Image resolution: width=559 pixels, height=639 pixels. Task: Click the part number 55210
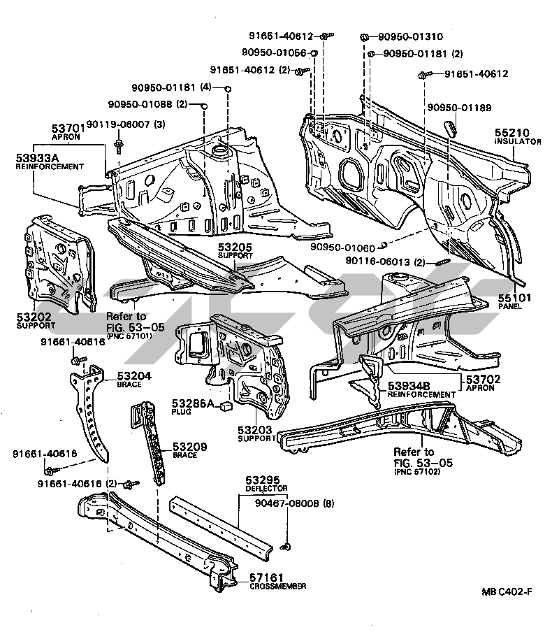tap(514, 131)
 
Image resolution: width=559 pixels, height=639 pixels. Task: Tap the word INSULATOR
tap(518, 141)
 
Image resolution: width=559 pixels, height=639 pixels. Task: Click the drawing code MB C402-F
tap(505, 592)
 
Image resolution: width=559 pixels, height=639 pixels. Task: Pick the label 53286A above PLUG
tap(190, 403)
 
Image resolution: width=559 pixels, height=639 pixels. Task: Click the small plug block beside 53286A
tap(226, 404)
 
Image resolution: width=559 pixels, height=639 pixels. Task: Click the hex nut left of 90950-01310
tap(365, 36)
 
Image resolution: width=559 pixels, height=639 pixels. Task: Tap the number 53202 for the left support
tap(34, 317)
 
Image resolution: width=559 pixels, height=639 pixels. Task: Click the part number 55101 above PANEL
tap(514, 297)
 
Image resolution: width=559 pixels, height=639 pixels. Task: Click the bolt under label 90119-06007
tap(117, 144)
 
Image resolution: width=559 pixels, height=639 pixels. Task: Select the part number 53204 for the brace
tap(134, 375)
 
